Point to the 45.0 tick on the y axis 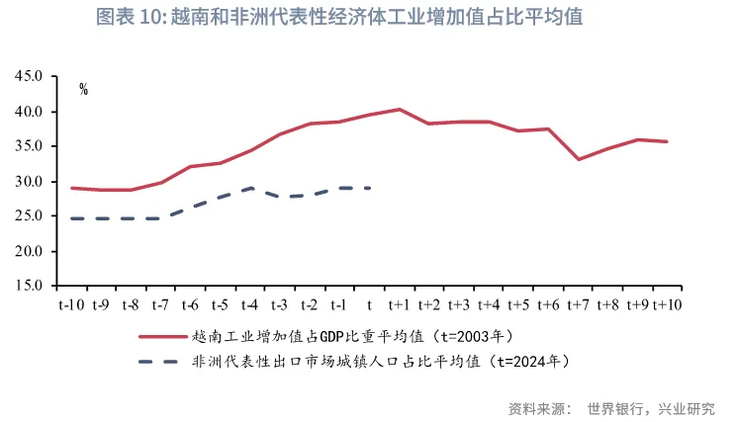pyautogui.click(x=29, y=76)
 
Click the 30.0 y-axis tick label pyautogui.click(x=29, y=182)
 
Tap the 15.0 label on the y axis pyautogui.click(x=29, y=287)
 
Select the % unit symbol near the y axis pyautogui.click(x=84, y=89)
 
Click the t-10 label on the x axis pyautogui.click(x=70, y=304)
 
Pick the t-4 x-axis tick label pyautogui.click(x=249, y=304)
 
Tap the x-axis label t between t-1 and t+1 pyautogui.click(x=369, y=304)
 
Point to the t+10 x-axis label pyautogui.click(x=668, y=304)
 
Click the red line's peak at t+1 pyautogui.click(x=399, y=109)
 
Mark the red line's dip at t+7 pyautogui.click(x=579, y=159)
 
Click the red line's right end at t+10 pyautogui.click(x=668, y=141)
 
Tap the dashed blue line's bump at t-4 pyautogui.click(x=250, y=188)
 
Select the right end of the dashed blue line pyautogui.click(x=369, y=188)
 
